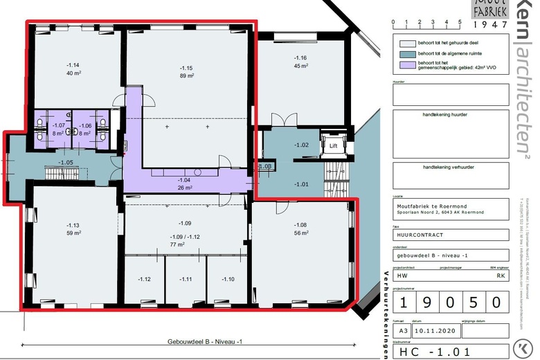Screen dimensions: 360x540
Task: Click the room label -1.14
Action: pyautogui.click(x=73, y=64)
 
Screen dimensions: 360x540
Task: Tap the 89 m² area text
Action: pyautogui.click(x=186, y=76)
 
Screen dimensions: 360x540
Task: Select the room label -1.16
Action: pyautogui.click(x=300, y=58)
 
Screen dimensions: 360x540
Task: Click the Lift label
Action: pyautogui.click(x=333, y=146)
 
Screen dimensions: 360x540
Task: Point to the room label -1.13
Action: pyautogui.click(x=73, y=225)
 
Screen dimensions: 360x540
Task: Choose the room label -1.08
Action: pyautogui.click(x=300, y=225)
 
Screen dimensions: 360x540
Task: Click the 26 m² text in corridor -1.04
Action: pyautogui.click(x=186, y=187)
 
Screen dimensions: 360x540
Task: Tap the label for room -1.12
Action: pyautogui.click(x=144, y=279)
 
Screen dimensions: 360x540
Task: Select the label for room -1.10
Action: pyautogui.click(x=228, y=279)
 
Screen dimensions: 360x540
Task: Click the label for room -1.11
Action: pyautogui.click(x=186, y=279)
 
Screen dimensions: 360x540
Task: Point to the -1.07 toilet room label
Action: pyautogui.click(x=59, y=125)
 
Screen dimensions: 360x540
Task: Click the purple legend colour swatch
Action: pyautogui.click(x=403, y=66)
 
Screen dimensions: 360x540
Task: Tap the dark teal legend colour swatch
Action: pyautogui.click(x=403, y=52)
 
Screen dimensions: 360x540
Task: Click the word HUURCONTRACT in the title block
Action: pyautogui.click(x=419, y=235)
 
